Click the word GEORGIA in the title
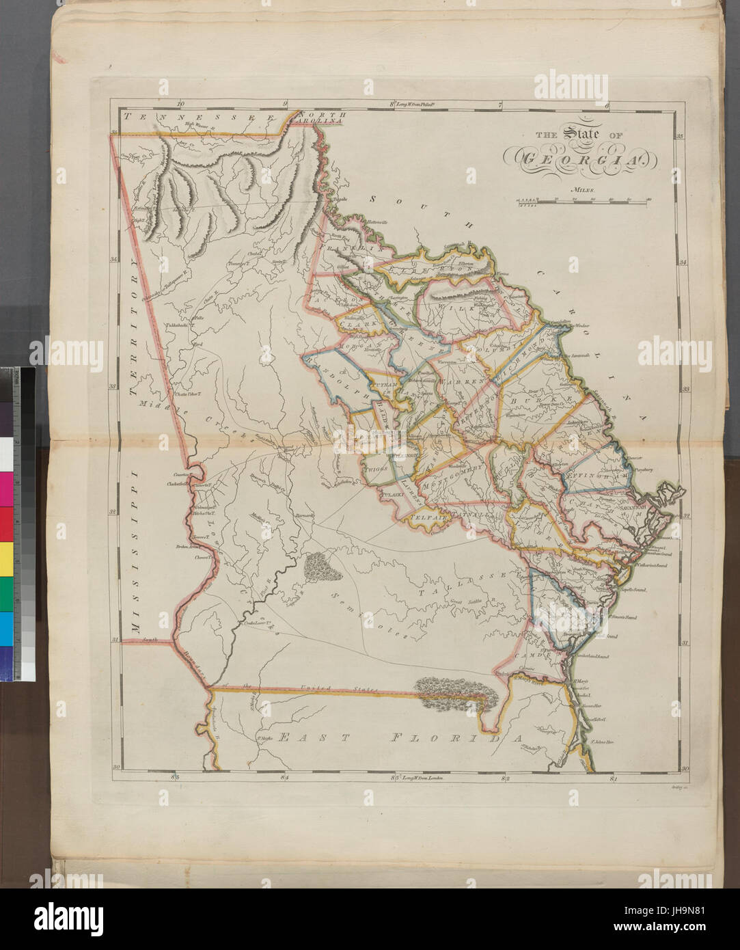[578, 159]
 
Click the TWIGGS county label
[376, 470]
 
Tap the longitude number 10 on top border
[180, 105]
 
